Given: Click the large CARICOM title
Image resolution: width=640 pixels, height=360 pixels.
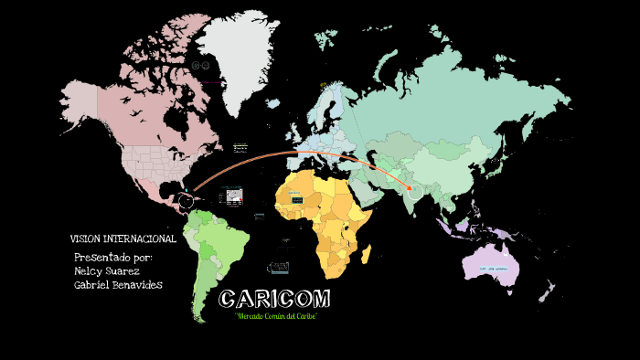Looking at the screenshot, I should [x=275, y=300].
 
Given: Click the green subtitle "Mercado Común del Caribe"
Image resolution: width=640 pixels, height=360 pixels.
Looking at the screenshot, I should [x=275, y=316].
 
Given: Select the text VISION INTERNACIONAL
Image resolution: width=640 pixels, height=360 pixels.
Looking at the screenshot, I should [x=123, y=238].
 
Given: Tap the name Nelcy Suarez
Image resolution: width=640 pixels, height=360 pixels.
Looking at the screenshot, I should [x=107, y=270].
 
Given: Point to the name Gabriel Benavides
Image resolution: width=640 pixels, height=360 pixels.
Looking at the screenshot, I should [x=118, y=285].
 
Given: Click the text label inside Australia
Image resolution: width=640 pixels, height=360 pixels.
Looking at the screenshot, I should [x=489, y=270].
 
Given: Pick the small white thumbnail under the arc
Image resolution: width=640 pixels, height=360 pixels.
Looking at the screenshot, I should [x=232, y=196].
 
